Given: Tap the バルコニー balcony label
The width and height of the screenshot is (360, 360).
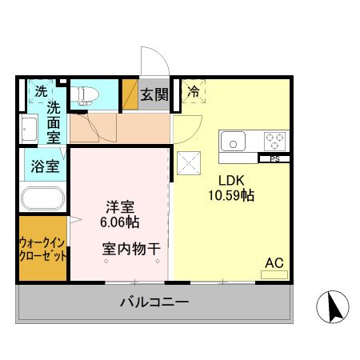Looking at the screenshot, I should coord(154,302).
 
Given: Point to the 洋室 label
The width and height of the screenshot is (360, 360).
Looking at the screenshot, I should coord(119,204).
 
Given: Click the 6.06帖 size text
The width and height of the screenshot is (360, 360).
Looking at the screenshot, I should coord(119,220).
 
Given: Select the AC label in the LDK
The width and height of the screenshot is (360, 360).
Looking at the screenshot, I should coord(274,261).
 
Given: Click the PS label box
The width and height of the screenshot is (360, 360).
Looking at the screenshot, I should coord(274,158).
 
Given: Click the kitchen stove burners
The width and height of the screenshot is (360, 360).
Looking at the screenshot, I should coord(274,142).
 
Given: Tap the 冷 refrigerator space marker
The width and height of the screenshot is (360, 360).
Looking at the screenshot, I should coord(193,93).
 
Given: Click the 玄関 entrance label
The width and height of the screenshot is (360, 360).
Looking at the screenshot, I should coord(155,94).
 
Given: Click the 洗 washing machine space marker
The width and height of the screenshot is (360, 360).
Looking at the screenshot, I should coord(39,91).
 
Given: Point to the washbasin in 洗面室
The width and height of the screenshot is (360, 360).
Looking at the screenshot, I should coord(29,130).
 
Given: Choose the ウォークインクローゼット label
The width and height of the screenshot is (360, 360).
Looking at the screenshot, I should coord(42,247).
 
